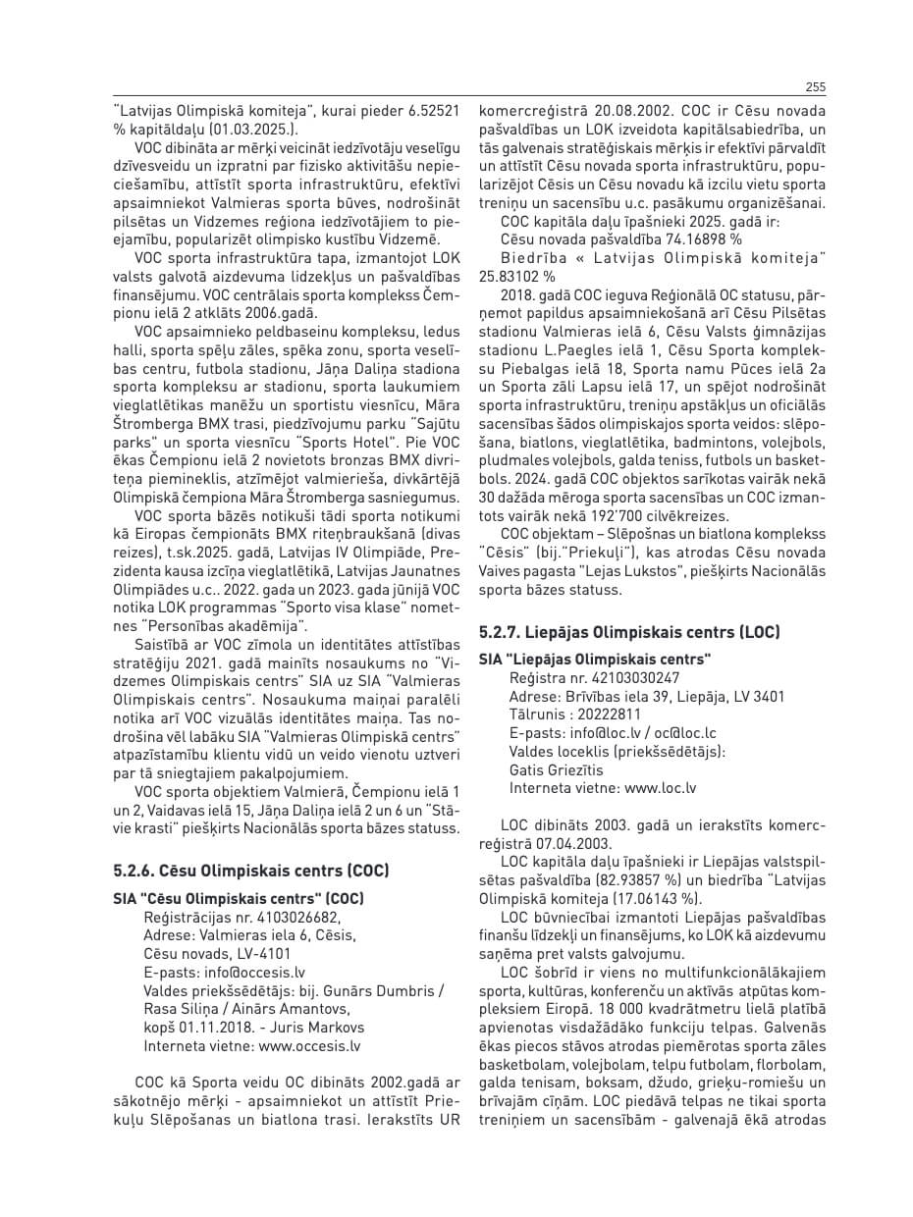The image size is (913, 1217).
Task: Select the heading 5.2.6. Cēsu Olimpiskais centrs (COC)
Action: (x=251, y=871)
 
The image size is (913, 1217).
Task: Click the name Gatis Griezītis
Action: (x=557, y=769)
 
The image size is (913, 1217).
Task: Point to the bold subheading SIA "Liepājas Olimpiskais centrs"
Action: (x=595, y=659)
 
